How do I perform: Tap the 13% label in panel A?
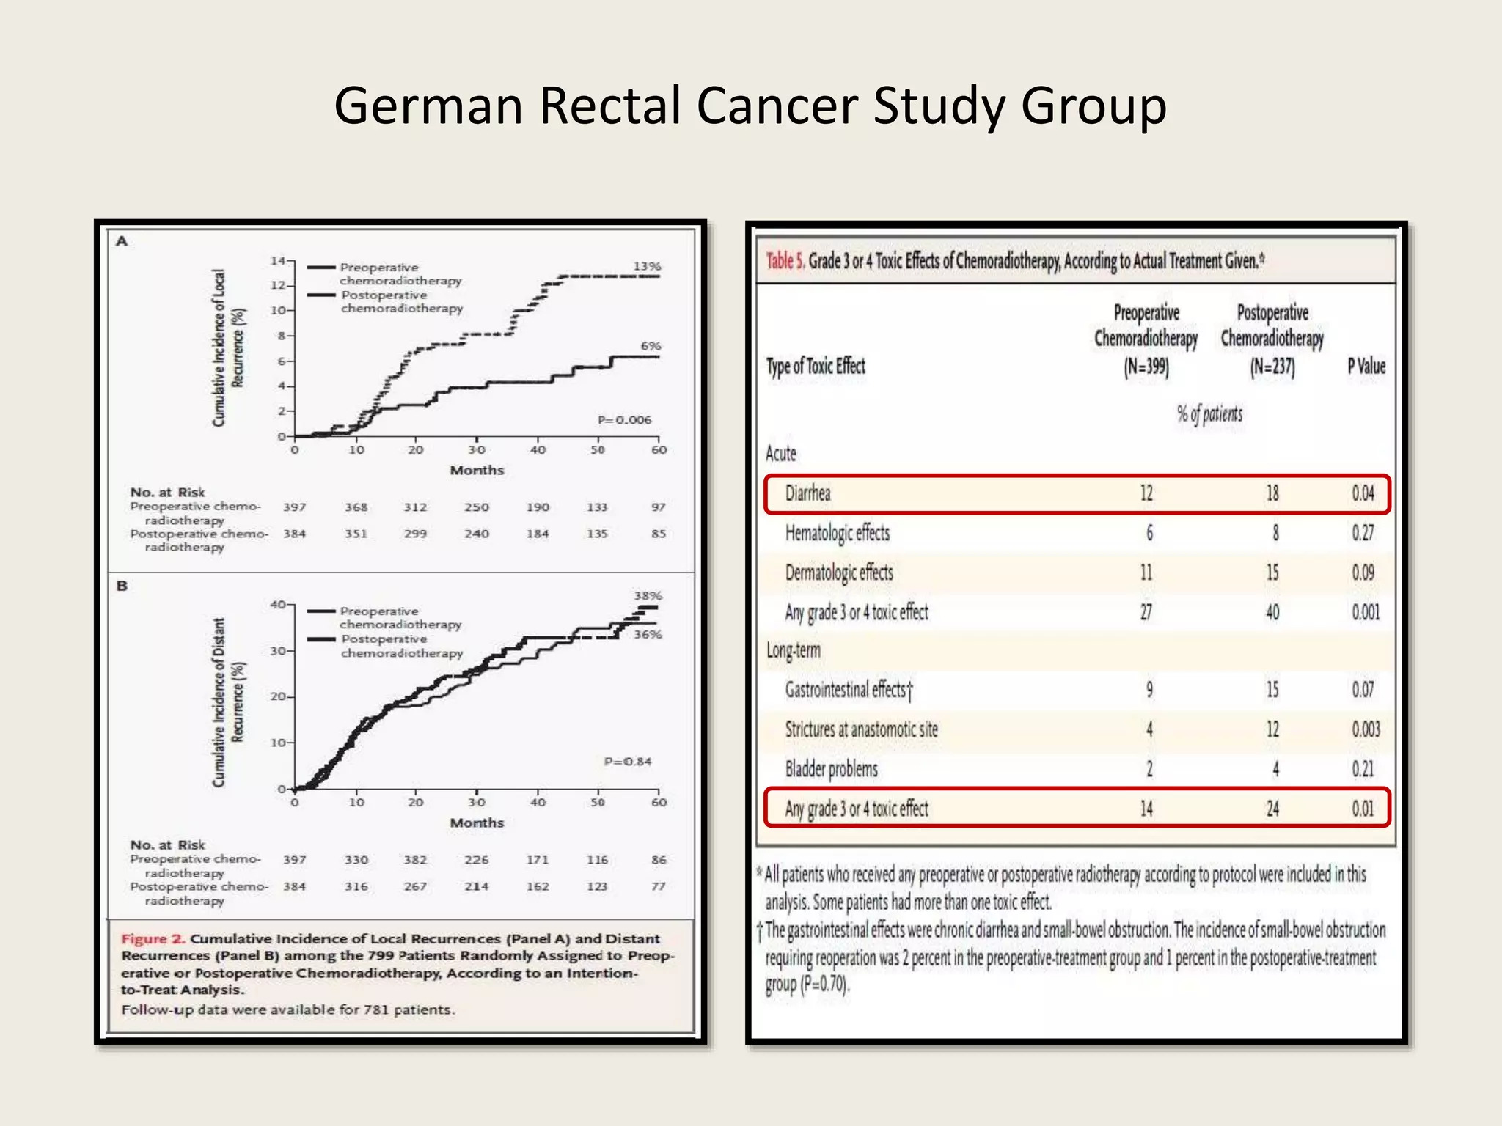[x=647, y=266]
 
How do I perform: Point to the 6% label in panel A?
[x=651, y=345]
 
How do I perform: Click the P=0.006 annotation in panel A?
[x=624, y=420]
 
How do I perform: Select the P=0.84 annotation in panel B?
[x=627, y=762]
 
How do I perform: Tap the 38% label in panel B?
[x=648, y=595]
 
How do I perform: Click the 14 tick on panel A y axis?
[x=278, y=261]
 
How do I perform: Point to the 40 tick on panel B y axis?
[x=278, y=605]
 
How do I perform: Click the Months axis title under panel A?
[x=477, y=470]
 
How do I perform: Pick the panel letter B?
[x=122, y=586]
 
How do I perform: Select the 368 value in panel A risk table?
[x=356, y=507]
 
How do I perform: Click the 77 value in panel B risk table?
[x=658, y=886]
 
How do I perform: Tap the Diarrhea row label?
[x=807, y=493]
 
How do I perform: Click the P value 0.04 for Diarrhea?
[x=1363, y=493]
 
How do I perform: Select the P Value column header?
[x=1366, y=366]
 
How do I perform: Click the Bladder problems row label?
[x=831, y=769]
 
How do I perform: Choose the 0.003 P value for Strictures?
[x=1366, y=729]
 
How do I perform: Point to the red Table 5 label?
[x=785, y=261]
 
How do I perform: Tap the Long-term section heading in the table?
[x=793, y=650]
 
